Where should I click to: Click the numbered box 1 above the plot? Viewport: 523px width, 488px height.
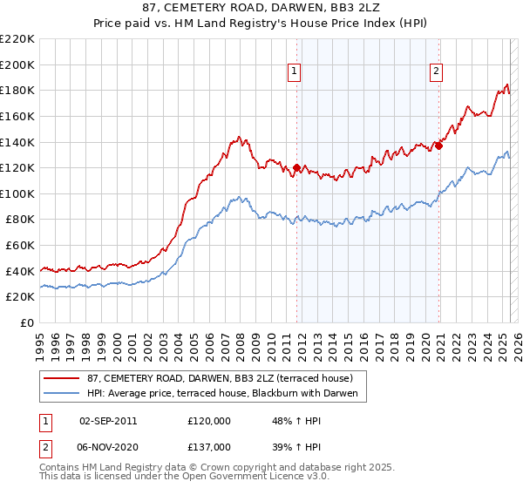pyautogui.click(x=295, y=72)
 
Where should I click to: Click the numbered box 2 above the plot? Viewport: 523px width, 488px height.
pyautogui.click(x=436, y=72)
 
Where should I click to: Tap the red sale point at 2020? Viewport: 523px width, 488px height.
pyautogui.click(x=438, y=146)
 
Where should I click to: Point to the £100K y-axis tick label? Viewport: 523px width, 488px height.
pyautogui.click(x=17, y=193)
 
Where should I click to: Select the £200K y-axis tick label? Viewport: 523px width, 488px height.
pyautogui.click(x=17, y=64)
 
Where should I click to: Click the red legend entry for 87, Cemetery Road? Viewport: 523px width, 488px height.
pyautogui.click(x=219, y=379)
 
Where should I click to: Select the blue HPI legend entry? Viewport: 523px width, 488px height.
pyautogui.click(x=228, y=394)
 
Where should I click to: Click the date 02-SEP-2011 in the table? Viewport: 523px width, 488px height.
pyautogui.click(x=108, y=420)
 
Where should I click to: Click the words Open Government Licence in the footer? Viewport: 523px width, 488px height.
pyautogui.click(x=239, y=478)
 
